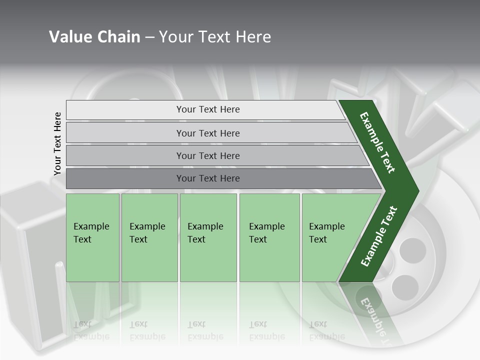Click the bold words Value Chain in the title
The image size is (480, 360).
pos(94,36)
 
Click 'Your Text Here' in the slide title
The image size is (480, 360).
pos(215,36)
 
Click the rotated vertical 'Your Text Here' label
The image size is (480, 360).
pos(57,143)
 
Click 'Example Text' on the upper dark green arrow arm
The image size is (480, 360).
pos(377,142)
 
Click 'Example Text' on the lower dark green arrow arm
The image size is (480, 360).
pos(379,236)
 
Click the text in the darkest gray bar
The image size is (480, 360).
pos(208,178)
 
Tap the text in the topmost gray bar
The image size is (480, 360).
pos(208,109)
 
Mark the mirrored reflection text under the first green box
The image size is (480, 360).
pos(91,330)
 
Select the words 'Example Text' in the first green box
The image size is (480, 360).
pos(91,232)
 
